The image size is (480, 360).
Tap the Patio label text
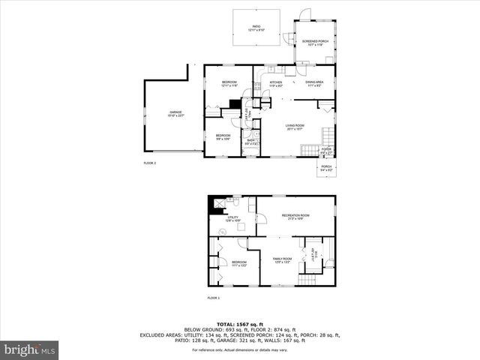pos(257,28)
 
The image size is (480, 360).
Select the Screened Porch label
pos(315,43)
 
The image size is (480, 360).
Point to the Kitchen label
pos(276,84)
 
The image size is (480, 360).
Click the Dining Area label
pos(314,84)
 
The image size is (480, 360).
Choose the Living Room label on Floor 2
pos(293,127)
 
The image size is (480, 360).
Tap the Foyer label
pos(326,151)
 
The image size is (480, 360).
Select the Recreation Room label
pos(295,217)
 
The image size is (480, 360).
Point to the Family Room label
pos(281,259)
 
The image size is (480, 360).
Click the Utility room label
pos(233,219)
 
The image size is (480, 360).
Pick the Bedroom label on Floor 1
pos(238,263)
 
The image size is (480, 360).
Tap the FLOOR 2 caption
pos(150,163)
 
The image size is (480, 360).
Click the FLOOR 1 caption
pos(214,298)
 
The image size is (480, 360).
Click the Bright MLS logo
pos(29,349)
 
